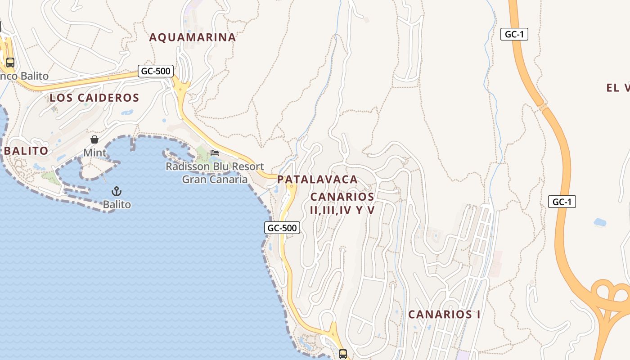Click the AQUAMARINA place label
click(192, 37)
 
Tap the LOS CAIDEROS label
click(94, 98)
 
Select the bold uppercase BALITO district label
click(26, 151)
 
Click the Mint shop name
click(95, 153)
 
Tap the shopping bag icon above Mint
click(94, 139)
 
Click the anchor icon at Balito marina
click(117, 191)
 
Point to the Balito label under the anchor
click(117, 205)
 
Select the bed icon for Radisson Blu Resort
click(215, 153)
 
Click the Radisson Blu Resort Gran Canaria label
click(215, 173)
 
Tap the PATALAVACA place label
click(317, 179)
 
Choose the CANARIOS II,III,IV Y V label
click(342, 203)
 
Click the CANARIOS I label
click(444, 314)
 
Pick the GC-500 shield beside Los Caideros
click(156, 71)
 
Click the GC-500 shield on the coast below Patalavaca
click(282, 228)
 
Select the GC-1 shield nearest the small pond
click(562, 202)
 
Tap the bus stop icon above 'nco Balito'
click(10, 63)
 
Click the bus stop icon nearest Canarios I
click(343, 354)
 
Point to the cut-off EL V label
click(618, 88)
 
